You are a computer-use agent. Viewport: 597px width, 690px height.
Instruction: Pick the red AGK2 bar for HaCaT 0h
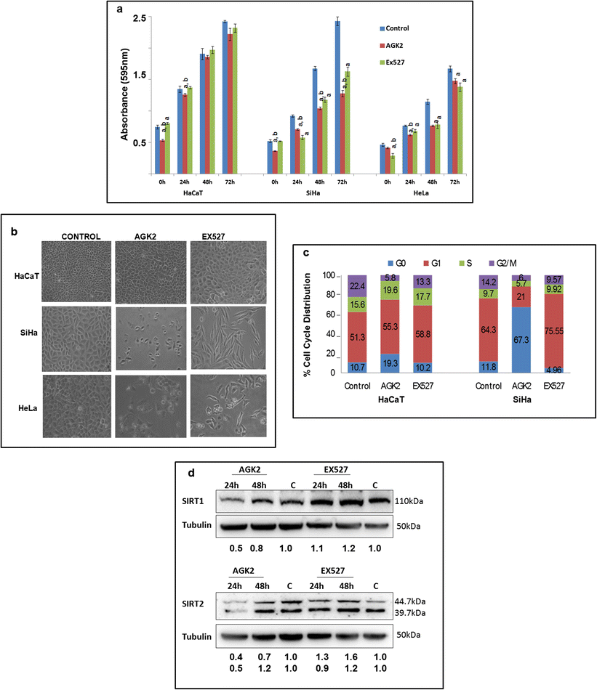[162, 158]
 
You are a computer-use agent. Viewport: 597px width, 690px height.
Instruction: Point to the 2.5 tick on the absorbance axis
[137, 17]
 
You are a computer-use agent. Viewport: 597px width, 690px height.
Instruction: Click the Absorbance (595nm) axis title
[125, 97]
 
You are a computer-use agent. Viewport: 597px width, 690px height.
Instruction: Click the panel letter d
[191, 472]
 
